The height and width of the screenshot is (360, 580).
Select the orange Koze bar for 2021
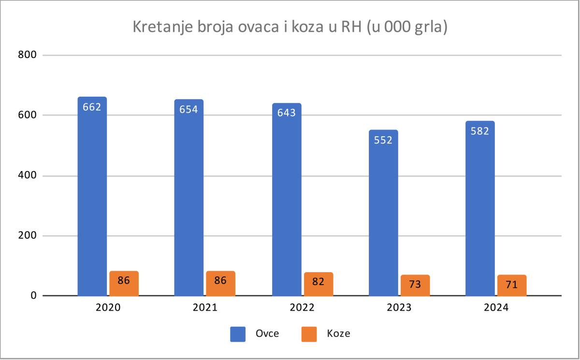220,287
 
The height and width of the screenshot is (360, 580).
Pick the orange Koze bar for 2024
512,288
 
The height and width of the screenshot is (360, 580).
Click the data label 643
286,113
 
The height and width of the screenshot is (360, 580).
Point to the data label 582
480,130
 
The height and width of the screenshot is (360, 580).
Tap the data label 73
415,284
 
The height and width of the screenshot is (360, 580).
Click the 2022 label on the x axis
302,308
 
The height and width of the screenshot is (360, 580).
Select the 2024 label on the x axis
495,308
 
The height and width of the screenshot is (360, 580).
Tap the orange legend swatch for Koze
308,334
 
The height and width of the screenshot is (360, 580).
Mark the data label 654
188,109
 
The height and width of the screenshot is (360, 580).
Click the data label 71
512,285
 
